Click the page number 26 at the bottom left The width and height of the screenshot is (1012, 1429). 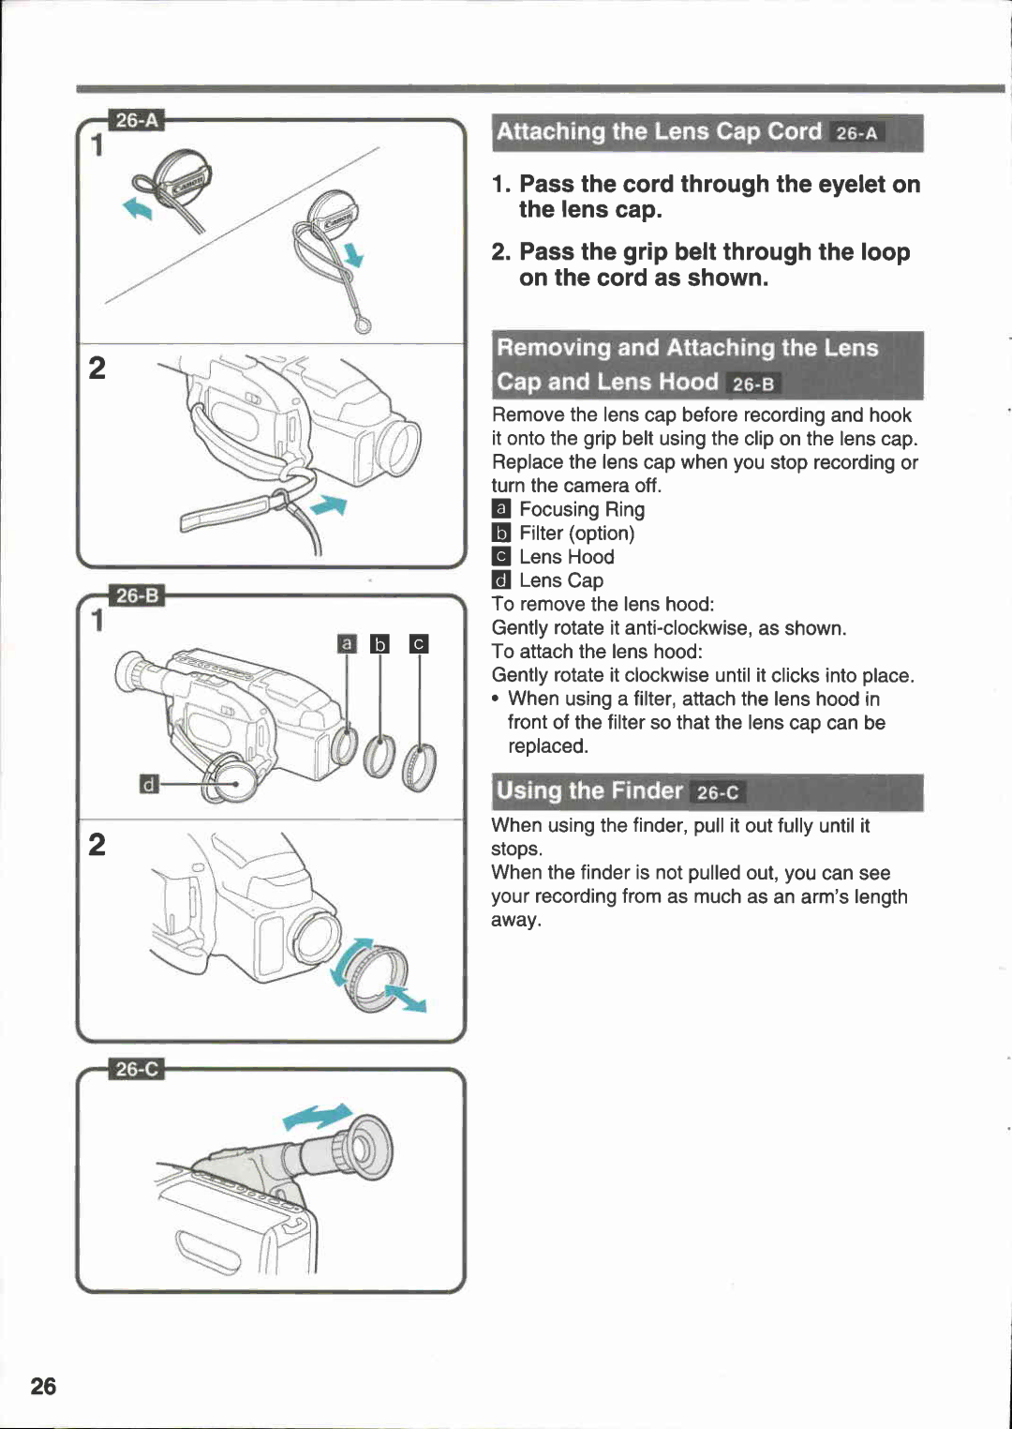[x=43, y=1386]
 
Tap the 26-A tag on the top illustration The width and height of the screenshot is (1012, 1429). [x=137, y=120]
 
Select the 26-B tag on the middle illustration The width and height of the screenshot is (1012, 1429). [x=137, y=595]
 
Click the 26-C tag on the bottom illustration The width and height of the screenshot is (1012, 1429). [x=137, y=1069]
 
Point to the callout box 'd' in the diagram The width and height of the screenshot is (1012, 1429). [x=147, y=784]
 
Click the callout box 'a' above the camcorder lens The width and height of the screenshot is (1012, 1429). [x=347, y=643]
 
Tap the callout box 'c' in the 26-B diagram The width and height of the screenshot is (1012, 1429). [x=419, y=643]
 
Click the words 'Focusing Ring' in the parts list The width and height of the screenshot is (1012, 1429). [x=582, y=509]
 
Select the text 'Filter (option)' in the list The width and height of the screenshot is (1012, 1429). [x=577, y=533]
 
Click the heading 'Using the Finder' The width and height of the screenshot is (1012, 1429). [x=589, y=790]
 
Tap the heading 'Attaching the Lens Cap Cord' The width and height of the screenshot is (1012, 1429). [x=659, y=132]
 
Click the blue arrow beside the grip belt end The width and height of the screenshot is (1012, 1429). [x=329, y=506]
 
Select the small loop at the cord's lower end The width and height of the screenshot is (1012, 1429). [x=363, y=325]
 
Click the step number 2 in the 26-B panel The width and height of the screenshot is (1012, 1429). [x=97, y=844]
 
